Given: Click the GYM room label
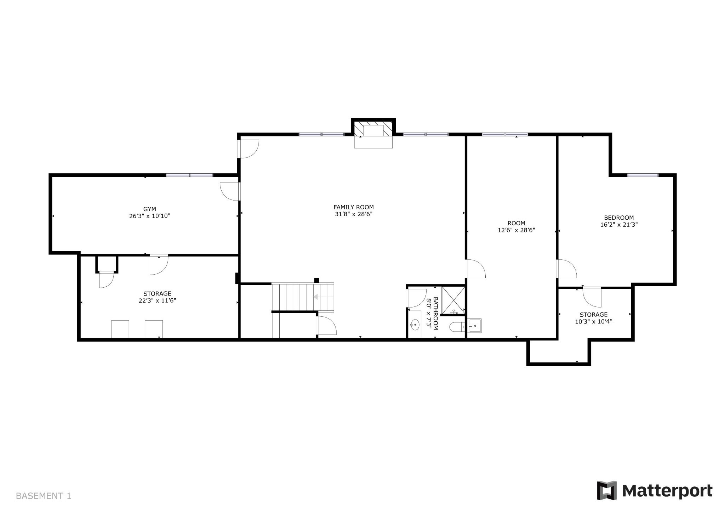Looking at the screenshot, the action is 149,209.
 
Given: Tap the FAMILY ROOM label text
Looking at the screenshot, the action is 354,207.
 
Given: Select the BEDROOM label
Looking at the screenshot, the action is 619,218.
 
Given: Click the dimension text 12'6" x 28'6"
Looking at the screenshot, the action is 516,230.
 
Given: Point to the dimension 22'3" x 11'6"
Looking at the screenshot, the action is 157,300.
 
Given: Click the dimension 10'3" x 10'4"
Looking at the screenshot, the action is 594,321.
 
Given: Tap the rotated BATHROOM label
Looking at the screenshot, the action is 435,313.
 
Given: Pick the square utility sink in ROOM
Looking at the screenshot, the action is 474,326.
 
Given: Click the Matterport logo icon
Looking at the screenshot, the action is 607,491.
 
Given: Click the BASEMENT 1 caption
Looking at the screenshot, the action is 44,496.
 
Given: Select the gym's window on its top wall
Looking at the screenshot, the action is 190,175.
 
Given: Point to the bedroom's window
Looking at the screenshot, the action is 643,175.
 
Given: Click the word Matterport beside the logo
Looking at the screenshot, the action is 667,491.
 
